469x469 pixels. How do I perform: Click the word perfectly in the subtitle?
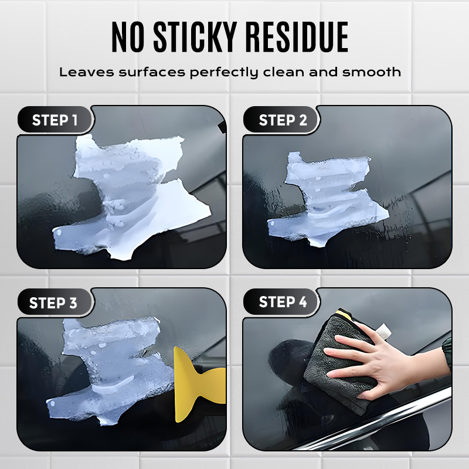[x=219, y=73]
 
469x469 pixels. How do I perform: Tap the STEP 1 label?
[x=55, y=120]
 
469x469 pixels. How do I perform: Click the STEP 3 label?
[x=53, y=303]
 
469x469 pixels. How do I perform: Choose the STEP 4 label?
[x=283, y=303]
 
